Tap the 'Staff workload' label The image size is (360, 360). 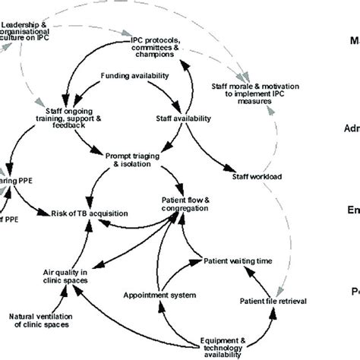254,176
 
